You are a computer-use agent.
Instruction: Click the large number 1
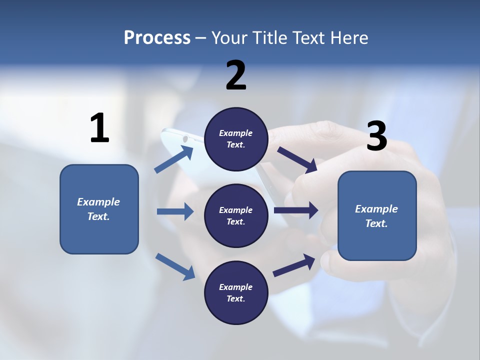[x=99, y=128]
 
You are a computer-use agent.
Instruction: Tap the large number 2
[x=236, y=75]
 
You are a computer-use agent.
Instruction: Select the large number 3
[x=376, y=136]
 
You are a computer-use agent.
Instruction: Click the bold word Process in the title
[x=157, y=37]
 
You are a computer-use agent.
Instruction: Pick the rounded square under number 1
[x=99, y=209]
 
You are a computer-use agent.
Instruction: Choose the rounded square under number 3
[x=377, y=216]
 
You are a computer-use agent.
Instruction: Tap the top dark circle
[x=236, y=139]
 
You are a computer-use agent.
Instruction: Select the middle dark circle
[x=236, y=215]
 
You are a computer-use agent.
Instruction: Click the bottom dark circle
[x=236, y=292]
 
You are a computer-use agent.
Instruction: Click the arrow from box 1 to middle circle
[x=175, y=211]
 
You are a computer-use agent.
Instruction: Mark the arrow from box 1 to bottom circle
[x=175, y=266]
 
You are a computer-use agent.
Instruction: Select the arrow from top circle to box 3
[x=297, y=160]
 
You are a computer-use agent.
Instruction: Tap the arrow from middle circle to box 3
[x=296, y=210]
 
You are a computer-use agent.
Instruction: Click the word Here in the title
[x=349, y=37]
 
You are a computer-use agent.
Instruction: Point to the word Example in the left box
[x=98, y=202]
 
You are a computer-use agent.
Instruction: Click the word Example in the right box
[x=376, y=209]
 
